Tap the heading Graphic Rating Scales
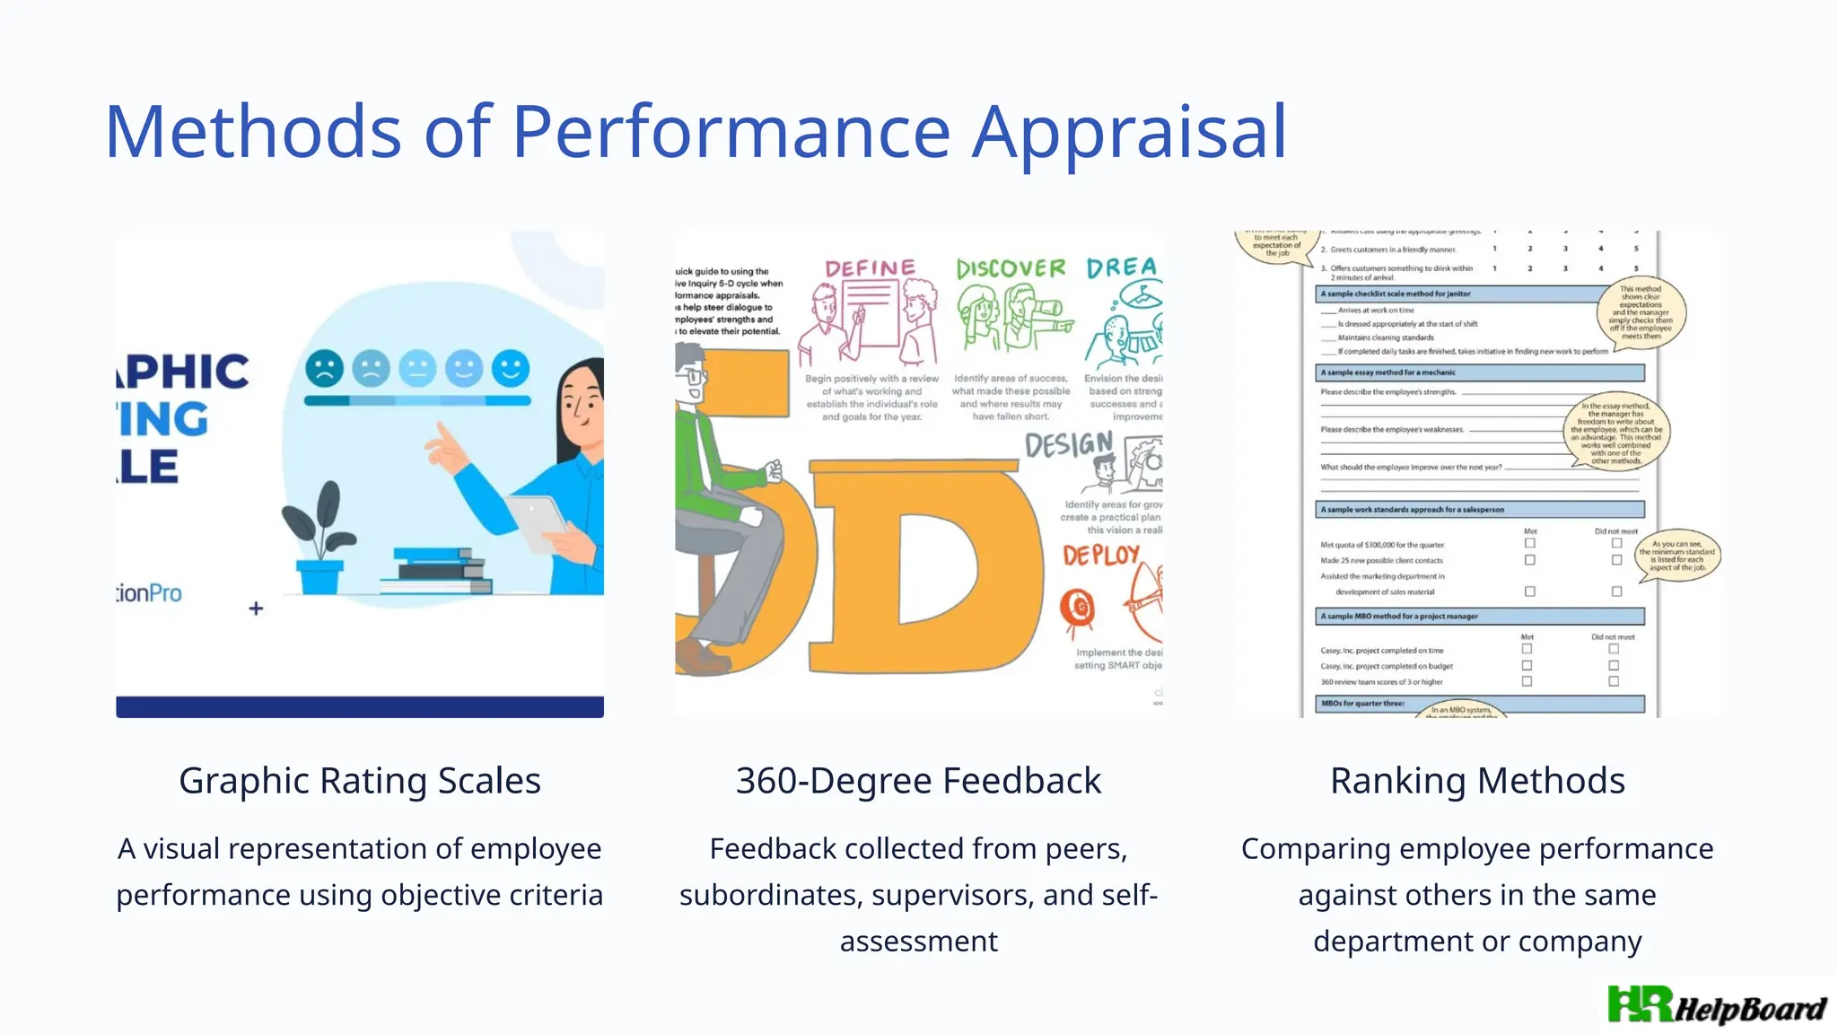pos(359,780)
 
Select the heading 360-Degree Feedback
pos(918,780)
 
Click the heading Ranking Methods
pos(1476,780)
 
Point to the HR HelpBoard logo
pos(1716,1006)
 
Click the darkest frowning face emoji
pos(324,368)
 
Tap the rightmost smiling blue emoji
pos(511,368)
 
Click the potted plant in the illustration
pos(319,539)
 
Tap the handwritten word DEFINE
pos(870,268)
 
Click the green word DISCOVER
pos(1011,268)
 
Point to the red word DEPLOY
pos(1101,556)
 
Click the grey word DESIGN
pos(1068,443)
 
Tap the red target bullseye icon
pos(1078,608)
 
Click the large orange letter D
pos(924,565)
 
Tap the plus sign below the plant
pos(256,609)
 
